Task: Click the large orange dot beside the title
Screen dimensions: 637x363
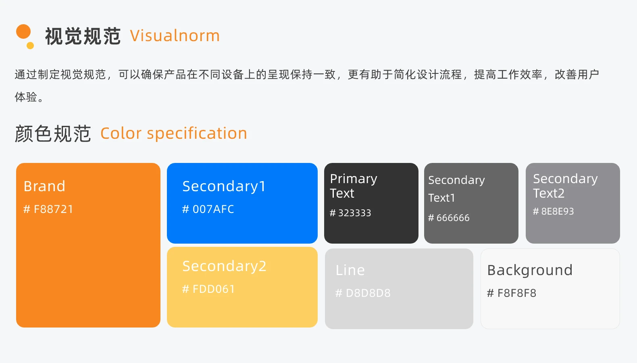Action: click(x=23, y=31)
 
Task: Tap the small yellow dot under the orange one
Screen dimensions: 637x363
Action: click(x=30, y=45)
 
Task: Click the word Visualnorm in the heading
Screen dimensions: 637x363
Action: click(x=175, y=36)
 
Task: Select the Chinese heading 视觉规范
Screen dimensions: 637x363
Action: click(x=83, y=36)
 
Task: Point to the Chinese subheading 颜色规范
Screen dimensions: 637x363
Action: click(x=53, y=134)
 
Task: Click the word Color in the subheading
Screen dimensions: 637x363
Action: click(x=121, y=133)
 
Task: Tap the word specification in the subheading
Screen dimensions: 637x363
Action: click(x=197, y=134)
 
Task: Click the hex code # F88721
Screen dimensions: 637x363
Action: click(x=48, y=209)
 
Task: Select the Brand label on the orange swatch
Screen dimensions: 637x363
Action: click(x=44, y=186)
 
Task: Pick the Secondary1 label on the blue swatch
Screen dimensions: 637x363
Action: click(x=224, y=187)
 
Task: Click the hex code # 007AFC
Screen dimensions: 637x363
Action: click(x=208, y=209)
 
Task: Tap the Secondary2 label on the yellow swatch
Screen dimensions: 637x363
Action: click(x=225, y=267)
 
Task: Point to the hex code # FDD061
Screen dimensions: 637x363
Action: click(x=208, y=289)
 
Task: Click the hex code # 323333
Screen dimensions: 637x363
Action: click(x=350, y=213)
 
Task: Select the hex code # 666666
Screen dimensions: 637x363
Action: click(x=449, y=218)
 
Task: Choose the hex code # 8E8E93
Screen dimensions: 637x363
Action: click(x=554, y=211)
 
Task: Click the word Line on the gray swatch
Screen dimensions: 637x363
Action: click(x=350, y=270)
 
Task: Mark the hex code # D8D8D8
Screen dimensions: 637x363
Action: click(x=363, y=293)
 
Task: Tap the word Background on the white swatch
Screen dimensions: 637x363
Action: click(x=530, y=271)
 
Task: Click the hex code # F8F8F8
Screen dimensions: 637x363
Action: click(x=512, y=293)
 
